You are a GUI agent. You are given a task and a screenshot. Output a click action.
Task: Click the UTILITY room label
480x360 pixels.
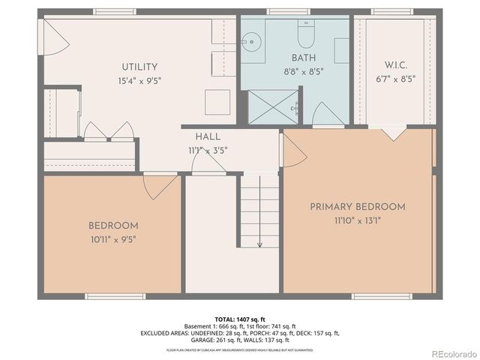(x=139, y=67)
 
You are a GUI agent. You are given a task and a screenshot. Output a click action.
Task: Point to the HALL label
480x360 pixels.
(x=208, y=137)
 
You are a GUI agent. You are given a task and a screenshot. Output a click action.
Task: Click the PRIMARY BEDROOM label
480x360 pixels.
(x=358, y=206)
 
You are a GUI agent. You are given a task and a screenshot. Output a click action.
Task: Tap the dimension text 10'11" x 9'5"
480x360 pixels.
(x=112, y=239)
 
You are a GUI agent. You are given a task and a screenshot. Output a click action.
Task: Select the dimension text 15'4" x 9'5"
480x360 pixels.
(x=139, y=80)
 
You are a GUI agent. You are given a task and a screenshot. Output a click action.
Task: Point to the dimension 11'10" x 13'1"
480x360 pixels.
(x=358, y=220)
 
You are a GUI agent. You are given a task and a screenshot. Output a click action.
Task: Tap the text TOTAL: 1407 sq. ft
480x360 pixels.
(x=240, y=319)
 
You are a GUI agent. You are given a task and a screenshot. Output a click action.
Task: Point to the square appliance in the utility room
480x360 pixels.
(x=218, y=100)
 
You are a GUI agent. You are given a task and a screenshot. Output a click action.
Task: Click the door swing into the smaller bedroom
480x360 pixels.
(x=160, y=186)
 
